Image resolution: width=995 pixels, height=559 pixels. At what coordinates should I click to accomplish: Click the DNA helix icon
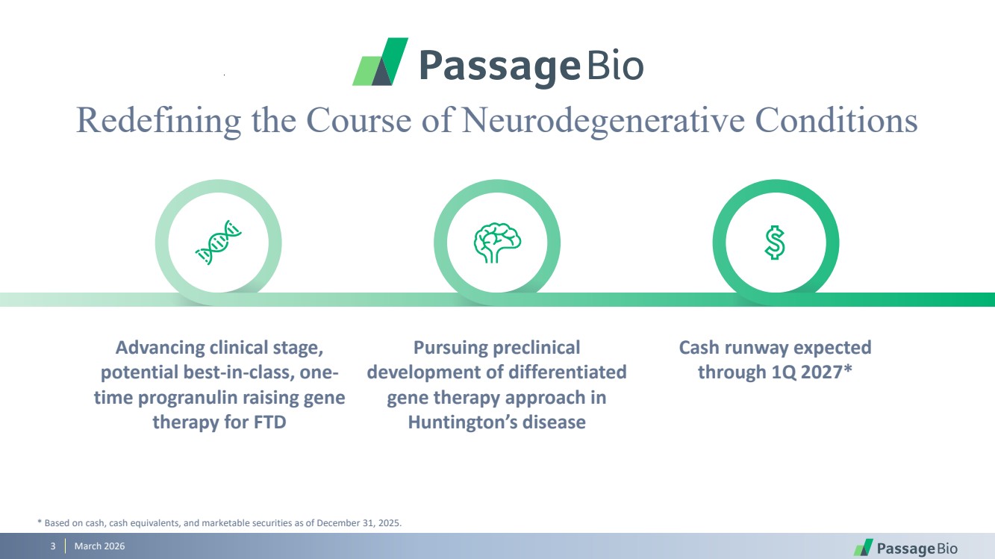click(218, 243)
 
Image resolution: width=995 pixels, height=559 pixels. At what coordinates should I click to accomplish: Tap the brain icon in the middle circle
click(497, 243)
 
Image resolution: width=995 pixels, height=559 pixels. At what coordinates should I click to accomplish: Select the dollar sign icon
click(776, 243)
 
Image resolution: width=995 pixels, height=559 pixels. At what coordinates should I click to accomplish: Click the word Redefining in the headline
click(158, 120)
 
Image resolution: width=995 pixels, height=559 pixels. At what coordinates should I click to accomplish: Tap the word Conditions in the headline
click(836, 120)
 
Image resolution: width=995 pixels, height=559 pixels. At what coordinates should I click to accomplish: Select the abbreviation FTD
click(269, 422)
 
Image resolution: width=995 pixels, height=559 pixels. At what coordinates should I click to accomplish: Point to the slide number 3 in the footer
click(53, 547)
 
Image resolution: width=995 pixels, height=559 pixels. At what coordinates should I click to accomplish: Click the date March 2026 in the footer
click(99, 547)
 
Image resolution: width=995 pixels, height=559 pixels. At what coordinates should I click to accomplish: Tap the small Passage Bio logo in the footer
click(905, 548)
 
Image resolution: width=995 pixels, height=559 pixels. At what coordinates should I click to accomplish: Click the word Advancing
click(160, 348)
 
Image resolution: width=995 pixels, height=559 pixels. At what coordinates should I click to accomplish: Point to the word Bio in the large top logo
click(615, 66)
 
